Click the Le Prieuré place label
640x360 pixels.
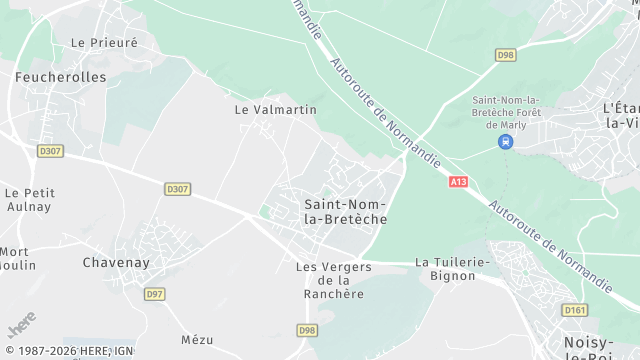(x=104, y=43)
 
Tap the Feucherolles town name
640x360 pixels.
(x=46, y=76)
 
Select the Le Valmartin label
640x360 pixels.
(x=275, y=109)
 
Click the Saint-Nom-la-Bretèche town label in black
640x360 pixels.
(x=345, y=210)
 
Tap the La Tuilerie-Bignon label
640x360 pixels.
(x=452, y=268)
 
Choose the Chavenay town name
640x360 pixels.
(x=116, y=262)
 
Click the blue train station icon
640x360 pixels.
(x=506, y=142)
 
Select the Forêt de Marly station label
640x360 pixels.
(x=506, y=111)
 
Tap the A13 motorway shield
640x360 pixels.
(x=457, y=182)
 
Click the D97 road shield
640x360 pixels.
(x=154, y=294)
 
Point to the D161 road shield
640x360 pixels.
(x=574, y=310)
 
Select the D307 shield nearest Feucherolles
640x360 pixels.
(x=50, y=151)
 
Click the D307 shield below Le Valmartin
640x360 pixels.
(x=178, y=188)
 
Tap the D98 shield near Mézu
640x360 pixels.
(x=308, y=329)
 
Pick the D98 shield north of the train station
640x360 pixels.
(x=505, y=55)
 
